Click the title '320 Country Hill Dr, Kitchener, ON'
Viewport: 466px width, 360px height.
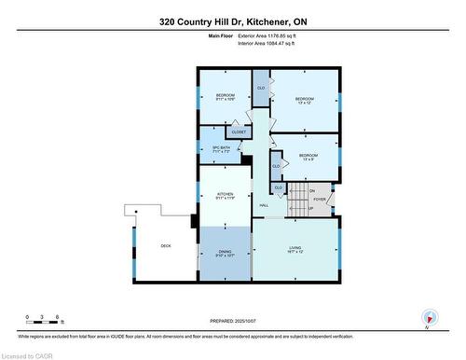232,21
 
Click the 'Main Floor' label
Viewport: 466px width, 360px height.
220,35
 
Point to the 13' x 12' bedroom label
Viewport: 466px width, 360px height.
305,101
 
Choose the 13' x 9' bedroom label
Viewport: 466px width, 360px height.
308,157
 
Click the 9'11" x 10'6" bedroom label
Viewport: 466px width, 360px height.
226,97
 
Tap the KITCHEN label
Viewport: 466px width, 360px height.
224,197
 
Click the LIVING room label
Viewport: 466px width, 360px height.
295,249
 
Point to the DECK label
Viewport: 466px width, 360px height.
165,245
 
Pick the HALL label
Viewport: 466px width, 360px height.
264,205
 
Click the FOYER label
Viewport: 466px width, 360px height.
320,199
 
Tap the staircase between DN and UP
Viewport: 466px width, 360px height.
298,199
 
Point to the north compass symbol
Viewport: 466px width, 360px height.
428,317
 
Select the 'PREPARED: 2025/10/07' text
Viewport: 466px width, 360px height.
233,324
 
